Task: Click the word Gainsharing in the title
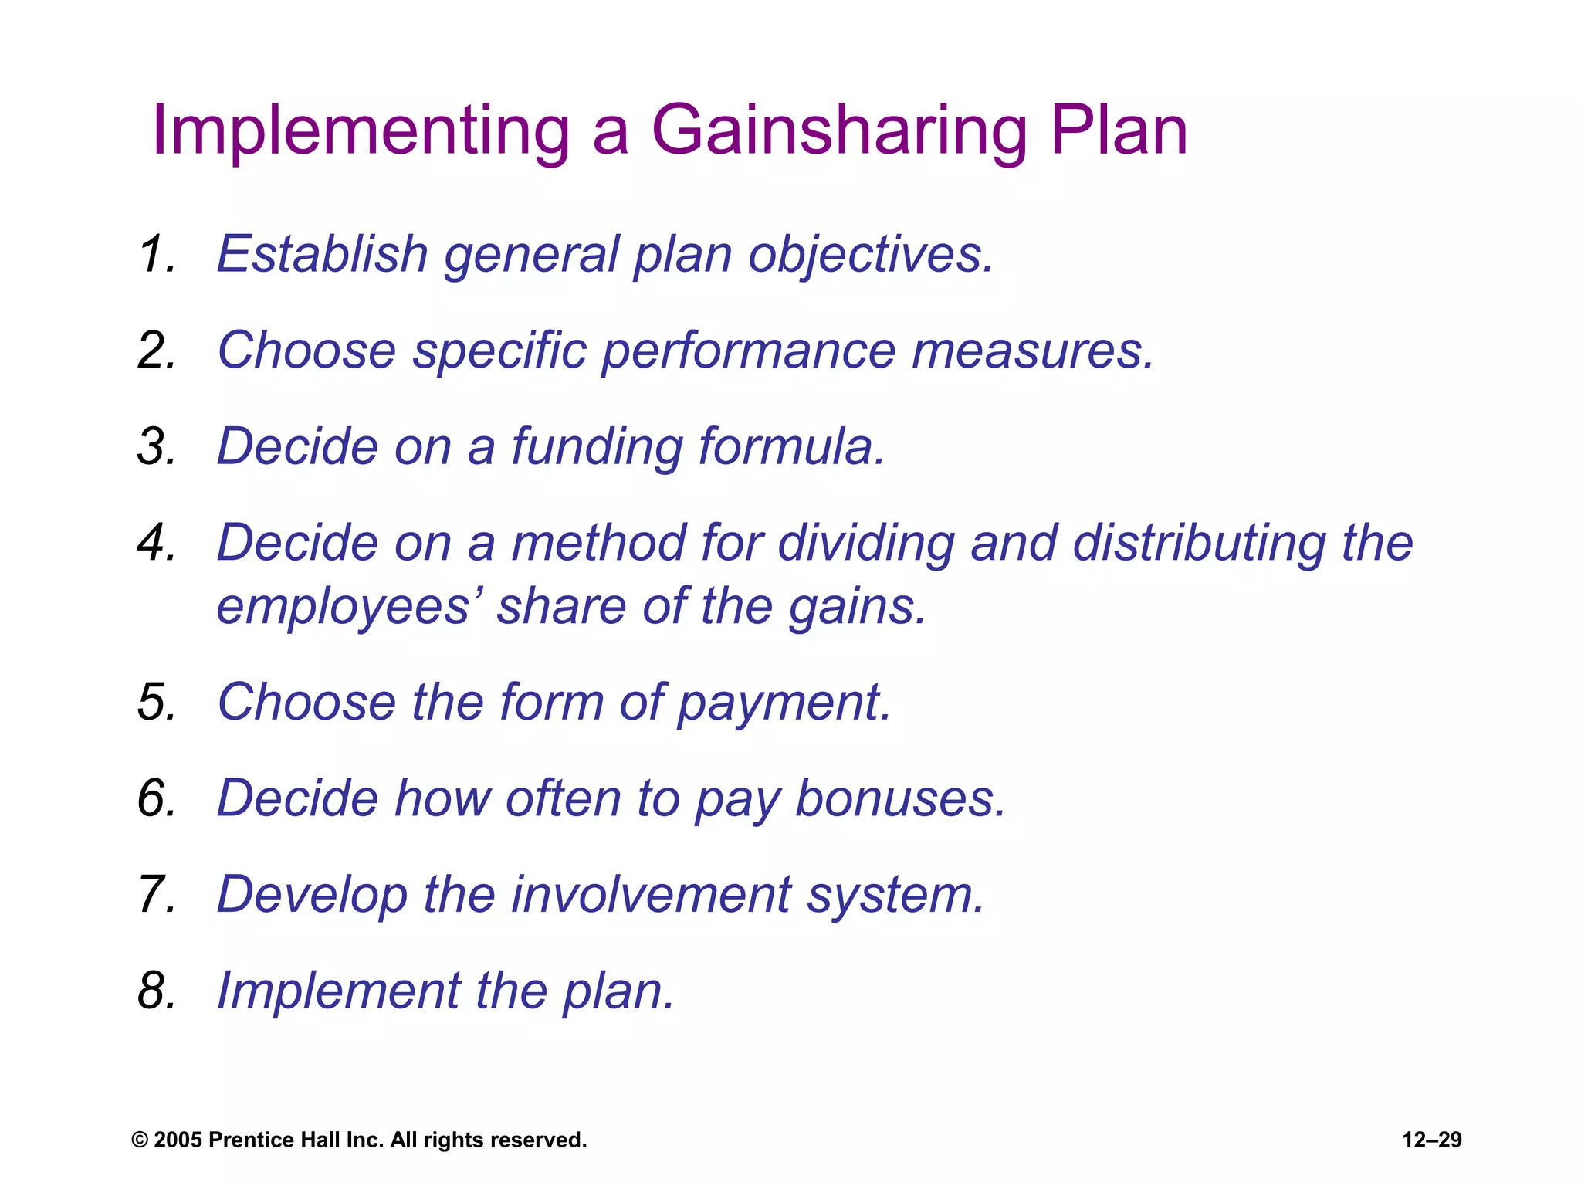[x=838, y=131]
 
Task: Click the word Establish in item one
[x=322, y=254]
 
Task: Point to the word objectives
[x=870, y=256]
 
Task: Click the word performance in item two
[x=748, y=351]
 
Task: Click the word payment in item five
[x=784, y=703]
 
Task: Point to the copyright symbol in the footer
[x=140, y=1140]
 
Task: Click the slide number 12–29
[x=1432, y=1140]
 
